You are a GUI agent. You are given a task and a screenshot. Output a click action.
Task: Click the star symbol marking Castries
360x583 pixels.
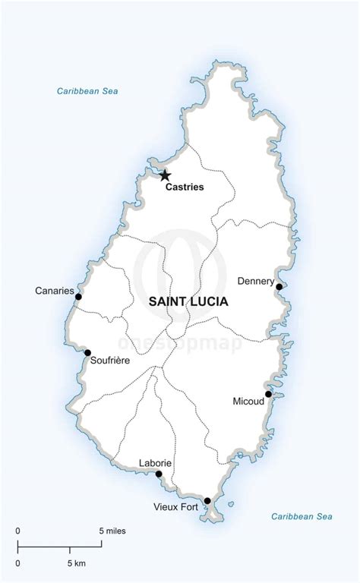coord(165,175)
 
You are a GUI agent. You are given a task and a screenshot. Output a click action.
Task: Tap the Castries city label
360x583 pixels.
coord(185,187)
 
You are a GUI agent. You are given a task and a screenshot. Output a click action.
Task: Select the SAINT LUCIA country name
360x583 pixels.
coord(188,301)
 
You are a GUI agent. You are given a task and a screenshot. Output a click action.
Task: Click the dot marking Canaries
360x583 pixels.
coord(78,297)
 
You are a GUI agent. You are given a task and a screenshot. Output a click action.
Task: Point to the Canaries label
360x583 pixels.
coord(55,291)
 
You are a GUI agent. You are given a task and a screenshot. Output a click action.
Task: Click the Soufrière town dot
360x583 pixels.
coord(87,352)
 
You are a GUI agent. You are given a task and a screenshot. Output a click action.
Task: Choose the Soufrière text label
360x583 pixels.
coord(109,361)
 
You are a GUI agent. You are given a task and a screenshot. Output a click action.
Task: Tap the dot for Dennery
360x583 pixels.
coord(279,287)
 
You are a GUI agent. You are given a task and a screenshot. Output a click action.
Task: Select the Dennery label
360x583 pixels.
coord(255,281)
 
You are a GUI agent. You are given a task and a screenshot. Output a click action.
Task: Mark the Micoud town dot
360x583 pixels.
coord(268,394)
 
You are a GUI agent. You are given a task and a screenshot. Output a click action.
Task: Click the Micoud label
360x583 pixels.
coord(248,401)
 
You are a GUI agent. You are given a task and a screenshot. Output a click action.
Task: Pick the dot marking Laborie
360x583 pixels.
coord(159,474)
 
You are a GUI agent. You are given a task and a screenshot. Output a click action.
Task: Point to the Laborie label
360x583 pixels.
coord(155,463)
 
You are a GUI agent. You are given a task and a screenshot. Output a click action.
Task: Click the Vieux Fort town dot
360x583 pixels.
coord(207,501)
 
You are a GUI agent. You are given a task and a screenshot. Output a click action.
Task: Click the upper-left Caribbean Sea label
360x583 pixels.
coord(87,91)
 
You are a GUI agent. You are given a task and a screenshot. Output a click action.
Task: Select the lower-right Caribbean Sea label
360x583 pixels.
coord(302,516)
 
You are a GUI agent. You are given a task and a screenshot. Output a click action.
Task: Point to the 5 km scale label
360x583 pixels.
coord(75,563)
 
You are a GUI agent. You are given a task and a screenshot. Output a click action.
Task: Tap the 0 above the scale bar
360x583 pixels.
coord(17,531)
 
